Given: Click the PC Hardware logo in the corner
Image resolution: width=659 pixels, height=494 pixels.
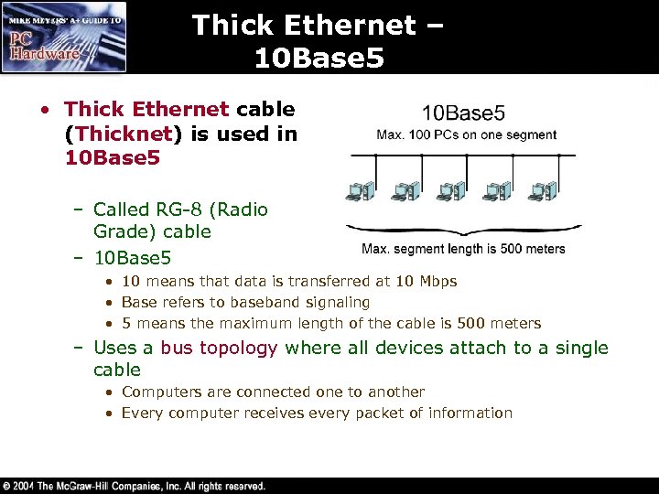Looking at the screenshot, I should click(x=64, y=37).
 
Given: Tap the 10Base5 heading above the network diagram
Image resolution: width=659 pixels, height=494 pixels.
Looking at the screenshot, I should click(x=463, y=113).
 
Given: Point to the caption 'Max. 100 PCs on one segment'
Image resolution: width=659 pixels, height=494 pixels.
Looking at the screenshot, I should click(x=466, y=134).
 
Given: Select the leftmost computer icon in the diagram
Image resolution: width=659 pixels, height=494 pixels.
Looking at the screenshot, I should click(x=356, y=191).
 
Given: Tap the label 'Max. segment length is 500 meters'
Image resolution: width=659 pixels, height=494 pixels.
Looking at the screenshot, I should click(x=463, y=249).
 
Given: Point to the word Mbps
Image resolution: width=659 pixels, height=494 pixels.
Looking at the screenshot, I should click(x=438, y=281).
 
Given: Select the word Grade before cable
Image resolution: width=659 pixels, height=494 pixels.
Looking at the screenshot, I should click(x=120, y=231).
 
